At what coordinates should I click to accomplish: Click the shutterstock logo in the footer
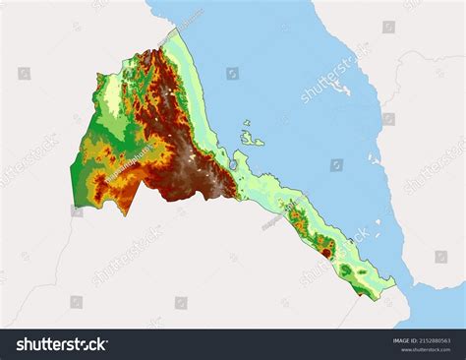point(61,343)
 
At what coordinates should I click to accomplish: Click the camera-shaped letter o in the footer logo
point(87,343)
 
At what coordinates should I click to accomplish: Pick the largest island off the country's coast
point(252,140)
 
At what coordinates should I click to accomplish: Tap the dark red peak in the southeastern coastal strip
point(325,252)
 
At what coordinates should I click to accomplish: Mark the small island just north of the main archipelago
point(246,124)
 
